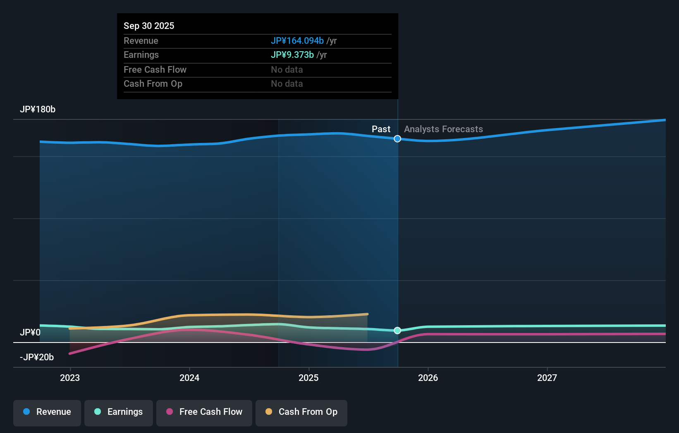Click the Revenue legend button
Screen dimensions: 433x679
[x=47, y=412]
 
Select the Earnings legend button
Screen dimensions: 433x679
[x=119, y=412]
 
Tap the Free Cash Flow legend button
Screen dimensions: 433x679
[x=204, y=412]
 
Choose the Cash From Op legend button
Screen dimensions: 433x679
[x=301, y=412]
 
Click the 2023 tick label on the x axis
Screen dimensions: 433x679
[x=70, y=378]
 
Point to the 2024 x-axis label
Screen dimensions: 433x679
[x=189, y=378]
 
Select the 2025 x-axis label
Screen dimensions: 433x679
[x=308, y=378]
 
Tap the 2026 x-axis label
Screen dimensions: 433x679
[x=428, y=378]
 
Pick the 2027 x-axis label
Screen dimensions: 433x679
[x=547, y=378]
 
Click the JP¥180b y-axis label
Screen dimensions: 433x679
[x=38, y=109]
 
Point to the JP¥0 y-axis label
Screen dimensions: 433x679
[x=30, y=333]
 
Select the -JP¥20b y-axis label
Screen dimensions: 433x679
[x=37, y=357]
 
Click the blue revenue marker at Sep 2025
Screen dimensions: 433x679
[x=397, y=139]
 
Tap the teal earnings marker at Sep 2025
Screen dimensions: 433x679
[x=397, y=331]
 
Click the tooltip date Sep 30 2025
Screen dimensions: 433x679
[x=149, y=26]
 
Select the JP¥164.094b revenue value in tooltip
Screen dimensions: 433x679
[x=297, y=41]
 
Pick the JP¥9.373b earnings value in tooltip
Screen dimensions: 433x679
[x=292, y=55]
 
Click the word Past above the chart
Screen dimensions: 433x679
[x=381, y=129]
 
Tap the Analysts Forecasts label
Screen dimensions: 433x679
[x=443, y=129]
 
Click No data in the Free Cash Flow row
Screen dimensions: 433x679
[x=287, y=70]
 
